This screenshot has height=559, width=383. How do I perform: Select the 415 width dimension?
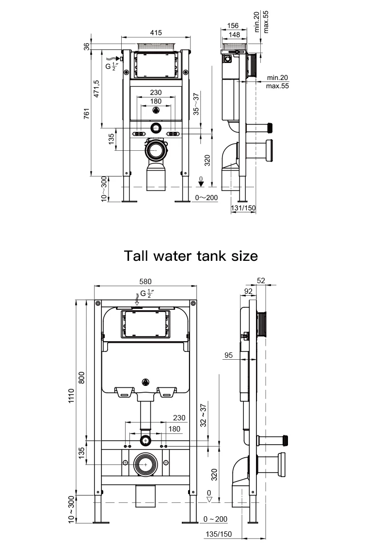click(x=156, y=32)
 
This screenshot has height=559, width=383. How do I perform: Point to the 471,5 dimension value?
click(x=96, y=89)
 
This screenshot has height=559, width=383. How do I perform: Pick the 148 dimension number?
click(x=235, y=35)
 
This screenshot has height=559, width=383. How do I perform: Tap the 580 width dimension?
click(x=145, y=281)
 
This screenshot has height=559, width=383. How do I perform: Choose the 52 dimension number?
click(x=261, y=280)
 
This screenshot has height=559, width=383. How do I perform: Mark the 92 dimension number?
click(x=248, y=291)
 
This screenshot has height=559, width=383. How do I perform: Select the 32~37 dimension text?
click(x=204, y=415)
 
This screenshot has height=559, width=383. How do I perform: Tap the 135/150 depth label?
click(x=219, y=534)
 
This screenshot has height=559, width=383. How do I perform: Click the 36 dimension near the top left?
click(x=87, y=46)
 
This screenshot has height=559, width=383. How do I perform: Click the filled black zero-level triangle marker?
click(x=201, y=184)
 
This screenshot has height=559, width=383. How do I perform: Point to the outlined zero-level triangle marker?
click(x=209, y=499)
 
